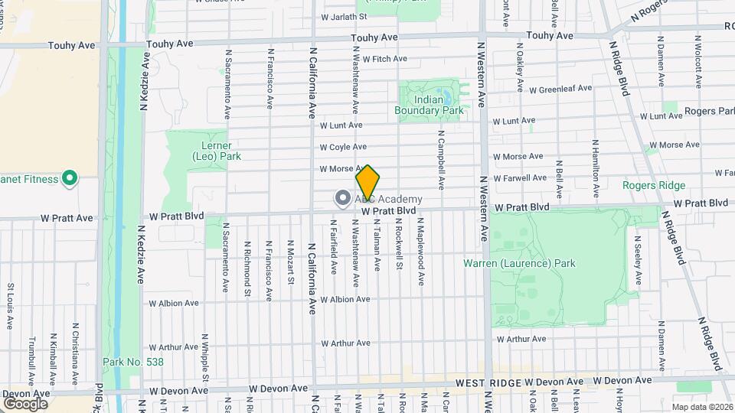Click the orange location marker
[367, 183]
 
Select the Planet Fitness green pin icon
[70, 179]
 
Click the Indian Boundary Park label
[429, 105]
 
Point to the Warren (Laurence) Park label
[519, 263]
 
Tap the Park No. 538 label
[133, 361]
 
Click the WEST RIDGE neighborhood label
[490, 382]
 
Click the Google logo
[25, 403]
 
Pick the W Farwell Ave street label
[520, 178]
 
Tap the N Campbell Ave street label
[442, 159]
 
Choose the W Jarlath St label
[345, 16]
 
